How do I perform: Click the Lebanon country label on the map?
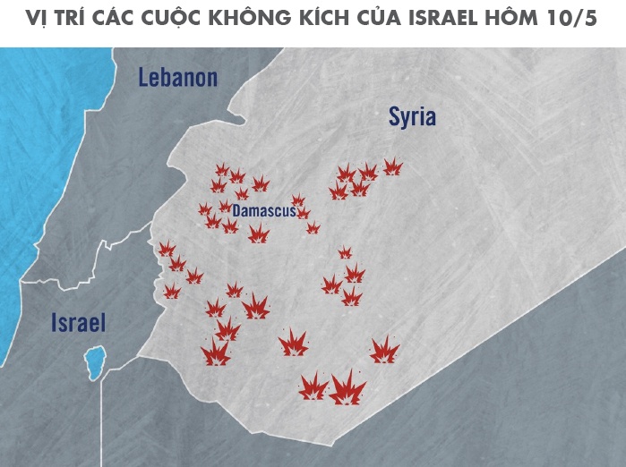tap(177, 78)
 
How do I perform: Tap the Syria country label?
tap(412, 116)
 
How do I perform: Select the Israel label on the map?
tap(79, 323)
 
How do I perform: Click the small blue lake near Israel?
tap(92, 362)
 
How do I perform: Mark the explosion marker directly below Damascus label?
tap(259, 235)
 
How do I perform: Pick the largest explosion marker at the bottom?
tap(347, 389)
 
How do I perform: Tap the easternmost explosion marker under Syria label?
tap(392, 166)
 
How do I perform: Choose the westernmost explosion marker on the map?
tap(166, 249)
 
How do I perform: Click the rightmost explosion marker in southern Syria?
tap(385, 350)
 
